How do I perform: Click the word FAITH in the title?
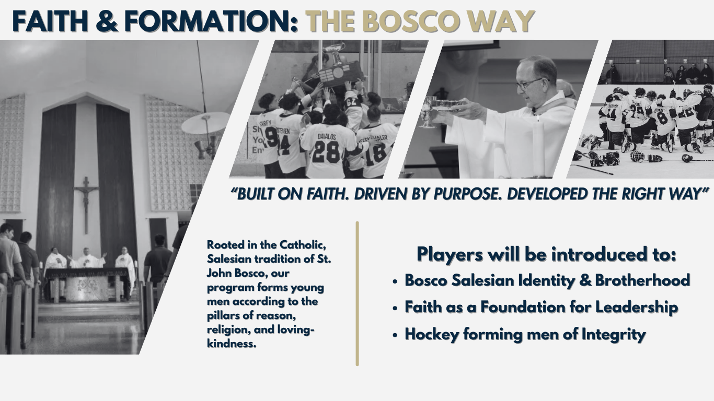[x=50, y=21]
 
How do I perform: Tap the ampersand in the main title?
[x=107, y=21]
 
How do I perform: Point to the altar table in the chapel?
[x=87, y=285]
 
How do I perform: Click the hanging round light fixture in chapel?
[x=205, y=123]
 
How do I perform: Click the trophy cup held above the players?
[x=335, y=53]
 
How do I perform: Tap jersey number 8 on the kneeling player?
[x=662, y=119]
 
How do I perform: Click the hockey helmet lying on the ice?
[x=637, y=157]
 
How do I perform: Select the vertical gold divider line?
[x=357, y=293]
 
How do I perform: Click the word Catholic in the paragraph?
[x=303, y=245]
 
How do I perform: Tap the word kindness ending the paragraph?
[x=232, y=344]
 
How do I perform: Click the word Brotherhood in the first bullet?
[x=642, y=280]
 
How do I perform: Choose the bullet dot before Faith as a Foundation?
[x=395, y=308]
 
